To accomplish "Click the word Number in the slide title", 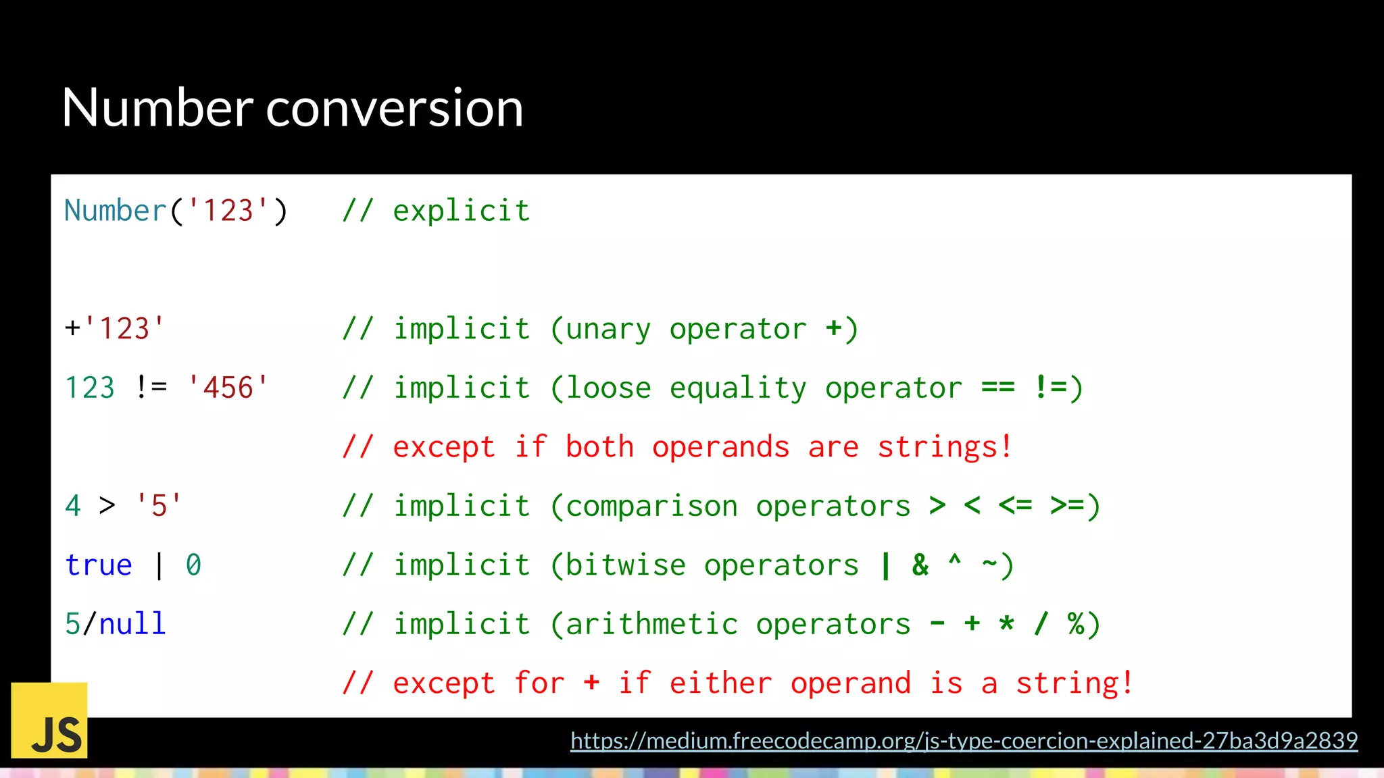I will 157,108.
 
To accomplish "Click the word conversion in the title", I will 395,108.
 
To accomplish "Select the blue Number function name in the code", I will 116,211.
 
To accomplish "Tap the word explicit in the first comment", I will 462,211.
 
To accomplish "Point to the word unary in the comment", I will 608,329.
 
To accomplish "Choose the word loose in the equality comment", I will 608,388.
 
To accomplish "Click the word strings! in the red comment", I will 945,447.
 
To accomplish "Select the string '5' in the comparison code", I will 159,506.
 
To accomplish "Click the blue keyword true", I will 99,565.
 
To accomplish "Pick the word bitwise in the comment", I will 625,565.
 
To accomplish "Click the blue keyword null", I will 132,624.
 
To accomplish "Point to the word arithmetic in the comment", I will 651,624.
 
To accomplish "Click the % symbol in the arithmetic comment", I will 1076,624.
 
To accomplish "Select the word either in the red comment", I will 720,683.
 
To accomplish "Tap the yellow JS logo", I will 49,720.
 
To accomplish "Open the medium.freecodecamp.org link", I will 964,741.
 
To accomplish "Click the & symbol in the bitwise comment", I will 920,565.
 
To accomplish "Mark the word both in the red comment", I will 599,447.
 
